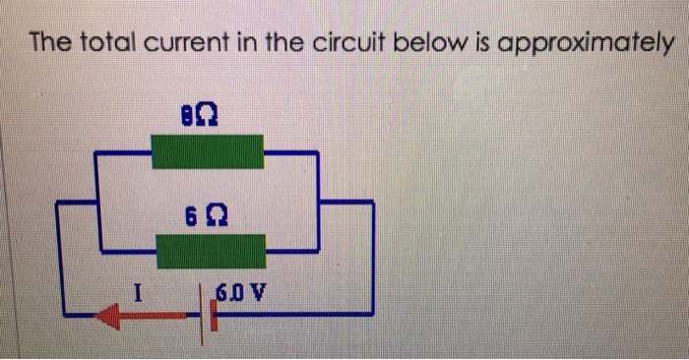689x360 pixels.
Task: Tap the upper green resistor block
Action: coord(207,153)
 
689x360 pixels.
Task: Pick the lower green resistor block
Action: coord(211,251)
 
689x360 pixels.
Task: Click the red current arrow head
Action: coord(109,315)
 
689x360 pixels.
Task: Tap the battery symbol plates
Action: coord(208,313)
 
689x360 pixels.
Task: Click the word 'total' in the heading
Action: coord(106,44)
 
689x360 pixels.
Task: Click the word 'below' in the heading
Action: coord(438,44)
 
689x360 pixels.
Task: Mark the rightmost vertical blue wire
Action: coord(372,256)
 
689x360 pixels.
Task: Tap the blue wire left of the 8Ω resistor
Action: coord(122,153)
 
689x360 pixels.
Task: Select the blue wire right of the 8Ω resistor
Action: coord(290,153)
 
